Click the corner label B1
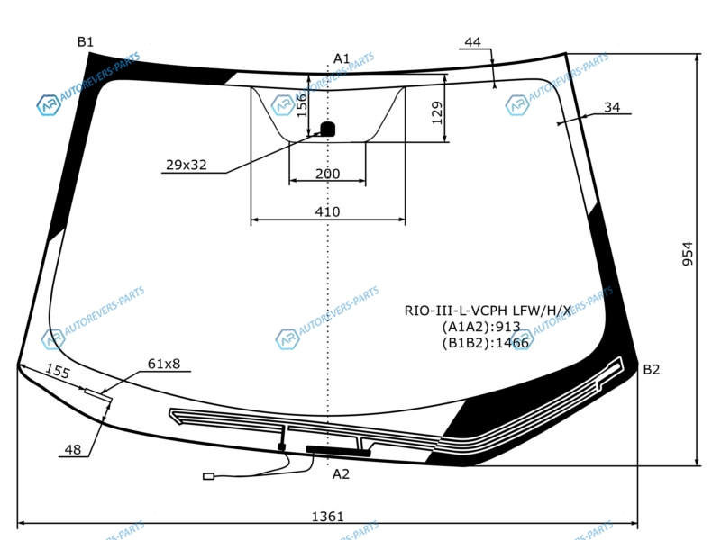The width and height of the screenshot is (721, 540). (x=86, y=42)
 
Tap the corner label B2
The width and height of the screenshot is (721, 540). (x=651, y=369)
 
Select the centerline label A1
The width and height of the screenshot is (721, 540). (x=342, y=58)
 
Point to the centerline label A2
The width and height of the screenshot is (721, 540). (x=341, y=474)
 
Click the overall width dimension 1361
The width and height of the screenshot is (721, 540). (x=327, y=517)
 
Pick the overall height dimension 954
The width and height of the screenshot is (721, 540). (x=687, y=253)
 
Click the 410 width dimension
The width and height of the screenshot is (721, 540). (x=327, y=211)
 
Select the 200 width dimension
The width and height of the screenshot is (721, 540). (x=327, y=174)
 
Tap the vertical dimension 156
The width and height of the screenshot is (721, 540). (x=301, y=105)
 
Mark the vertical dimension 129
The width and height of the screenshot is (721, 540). (x=437, y=112)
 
